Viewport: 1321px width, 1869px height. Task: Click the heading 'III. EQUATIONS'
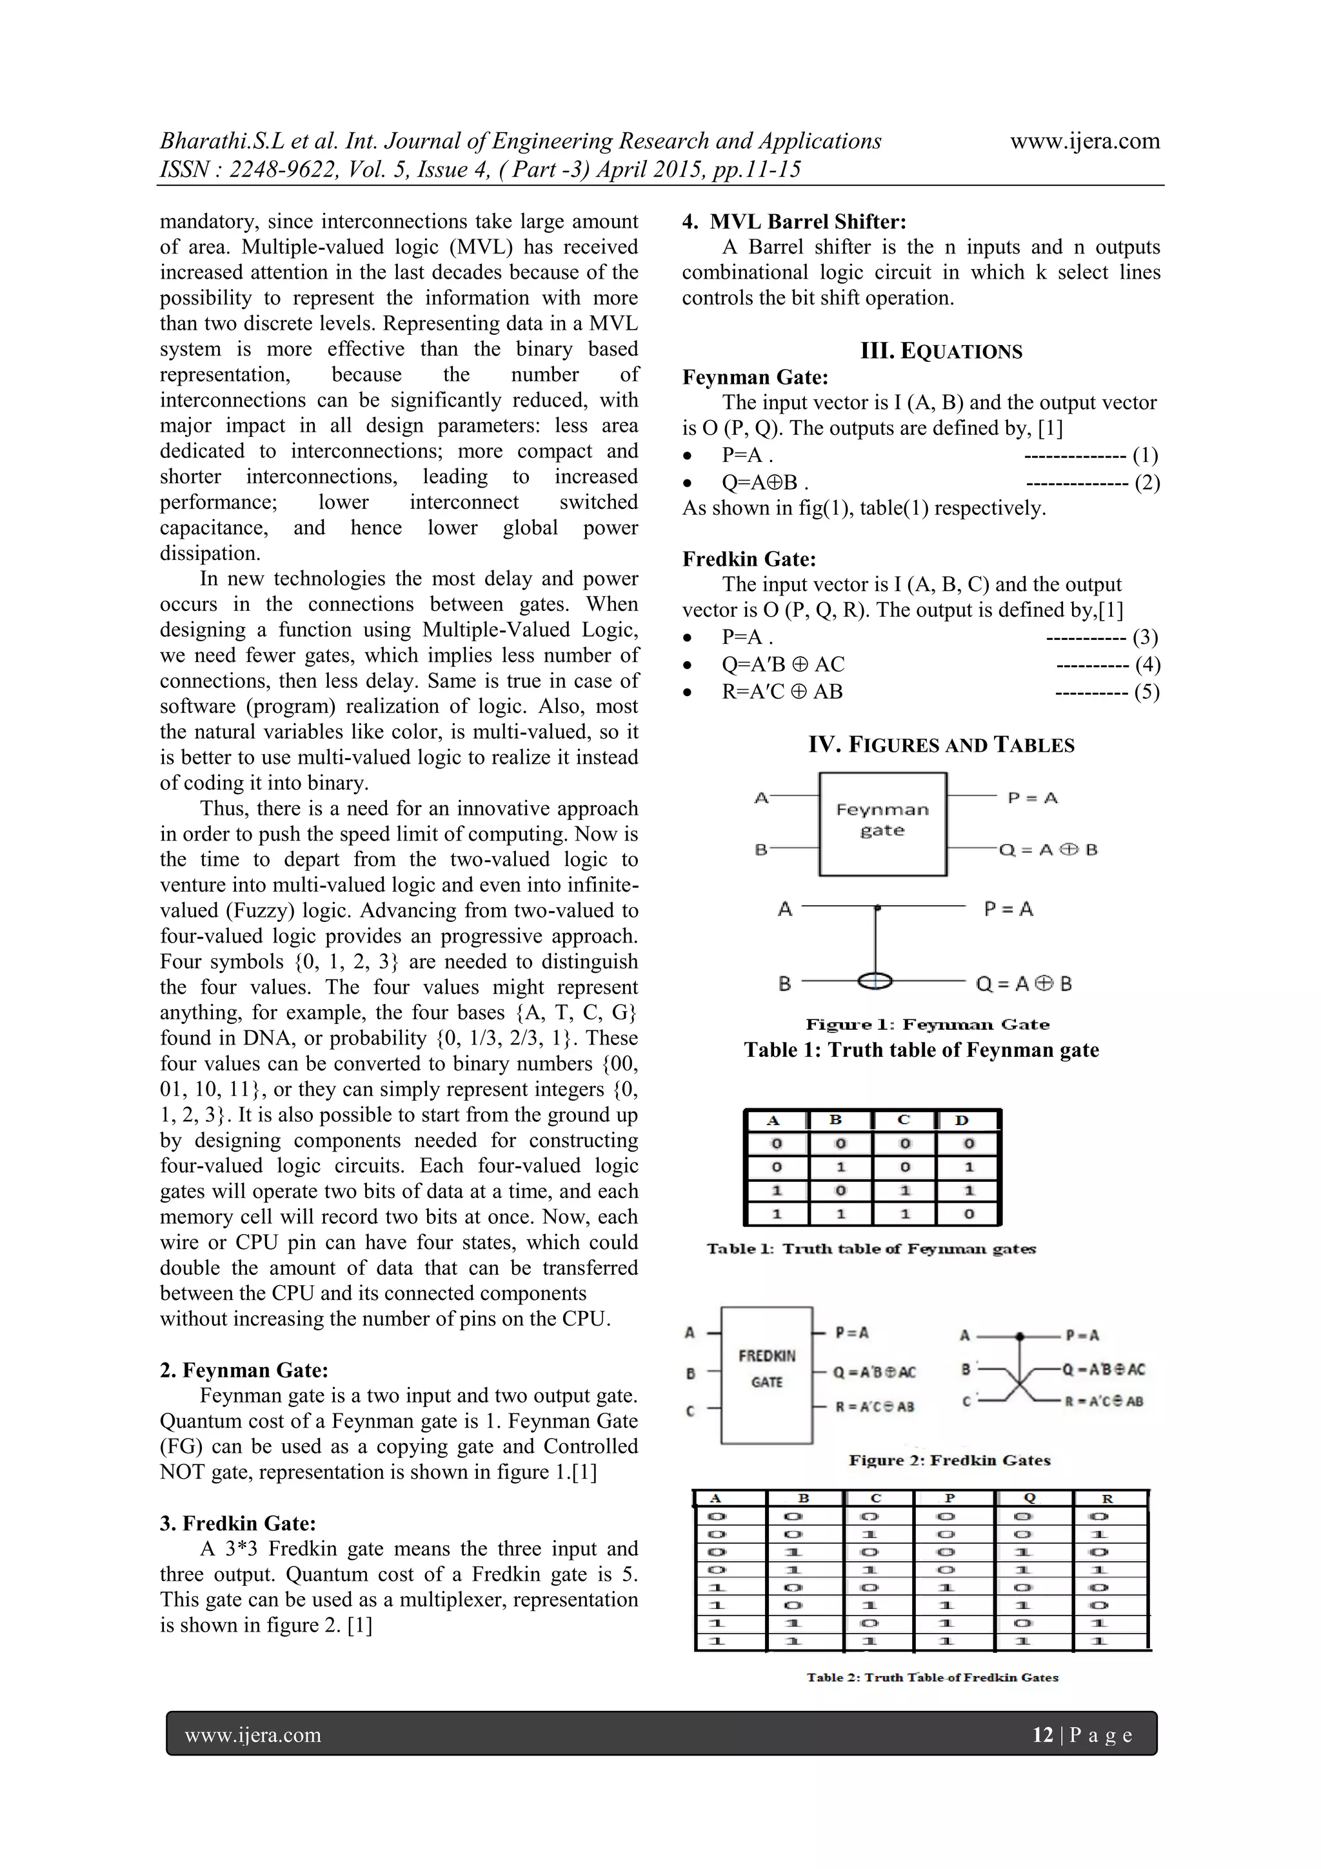[x=941, y=352]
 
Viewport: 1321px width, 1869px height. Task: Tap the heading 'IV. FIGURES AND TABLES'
[x=941, y=745]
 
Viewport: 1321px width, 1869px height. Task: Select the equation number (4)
[x=1147, y=665]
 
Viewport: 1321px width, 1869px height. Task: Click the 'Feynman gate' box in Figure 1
[x=882, y=824]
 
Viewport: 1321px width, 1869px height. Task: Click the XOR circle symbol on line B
[x=875, y=982]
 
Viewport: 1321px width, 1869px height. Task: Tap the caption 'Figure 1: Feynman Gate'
[x=927, y=1024]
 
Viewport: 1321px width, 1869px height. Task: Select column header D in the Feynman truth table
[x=962, y=1120]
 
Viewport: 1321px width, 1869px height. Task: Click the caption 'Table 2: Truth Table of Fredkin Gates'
[x=932, y=1677]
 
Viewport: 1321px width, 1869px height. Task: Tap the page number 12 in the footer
[x=1042, y=1735]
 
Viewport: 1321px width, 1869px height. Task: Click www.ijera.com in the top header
[x=1084, y=141]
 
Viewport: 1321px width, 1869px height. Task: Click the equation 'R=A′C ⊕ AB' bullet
[x=781, y=692]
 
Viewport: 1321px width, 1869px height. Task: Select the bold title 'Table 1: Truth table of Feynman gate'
[x=921, y=1050]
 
